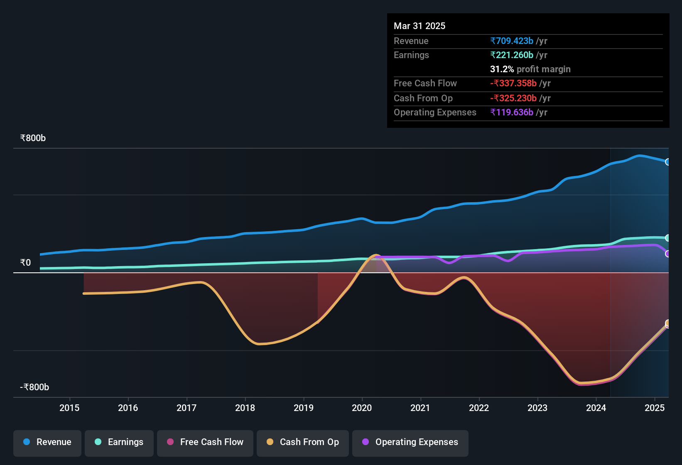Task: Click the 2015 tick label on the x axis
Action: [x=69, y=408]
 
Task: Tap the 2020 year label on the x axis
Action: [x=362, y=408]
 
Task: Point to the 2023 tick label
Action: [x=537, y=408]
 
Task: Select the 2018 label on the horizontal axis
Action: [x=245, y=408]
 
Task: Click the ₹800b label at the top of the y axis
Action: [x=33, y=138]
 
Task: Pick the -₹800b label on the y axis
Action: [x=34, y=387]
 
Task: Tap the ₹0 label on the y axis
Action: [x=25, y=262]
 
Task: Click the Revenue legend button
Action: [x=47, y=442]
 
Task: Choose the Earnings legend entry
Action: [x=119, y=442]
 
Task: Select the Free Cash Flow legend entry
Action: [x=205, y=442]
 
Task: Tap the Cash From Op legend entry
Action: [x=303, y=442]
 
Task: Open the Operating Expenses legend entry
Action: [x=410, y=442]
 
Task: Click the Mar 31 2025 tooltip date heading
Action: [x=420, y=26]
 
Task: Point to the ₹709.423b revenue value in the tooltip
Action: [x=512, y=41]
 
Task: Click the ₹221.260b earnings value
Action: [x=512, y=55]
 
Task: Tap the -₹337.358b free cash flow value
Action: [x=513, y=83]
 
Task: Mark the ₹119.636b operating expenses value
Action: [x=512, y=112]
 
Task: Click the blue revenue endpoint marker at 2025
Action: [x=667, y=162]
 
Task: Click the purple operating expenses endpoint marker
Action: [x=667, y=254]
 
